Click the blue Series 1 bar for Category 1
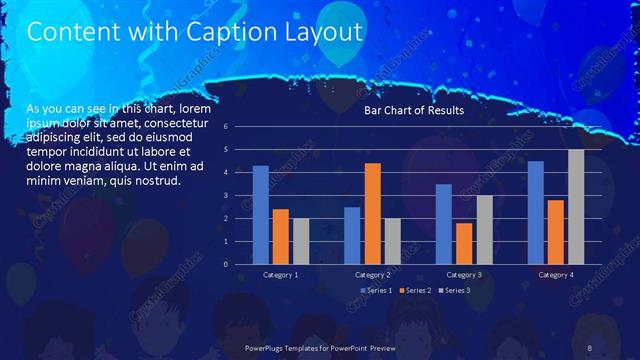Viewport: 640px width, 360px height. (260, 214)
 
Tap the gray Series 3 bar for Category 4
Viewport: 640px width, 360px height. (577, 206)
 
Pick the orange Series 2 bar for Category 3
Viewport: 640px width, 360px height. (464, 243)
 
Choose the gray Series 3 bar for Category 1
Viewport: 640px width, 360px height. (301, 241)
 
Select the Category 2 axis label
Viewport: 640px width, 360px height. (373, 274)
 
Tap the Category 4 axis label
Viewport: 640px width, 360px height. (556, 274)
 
